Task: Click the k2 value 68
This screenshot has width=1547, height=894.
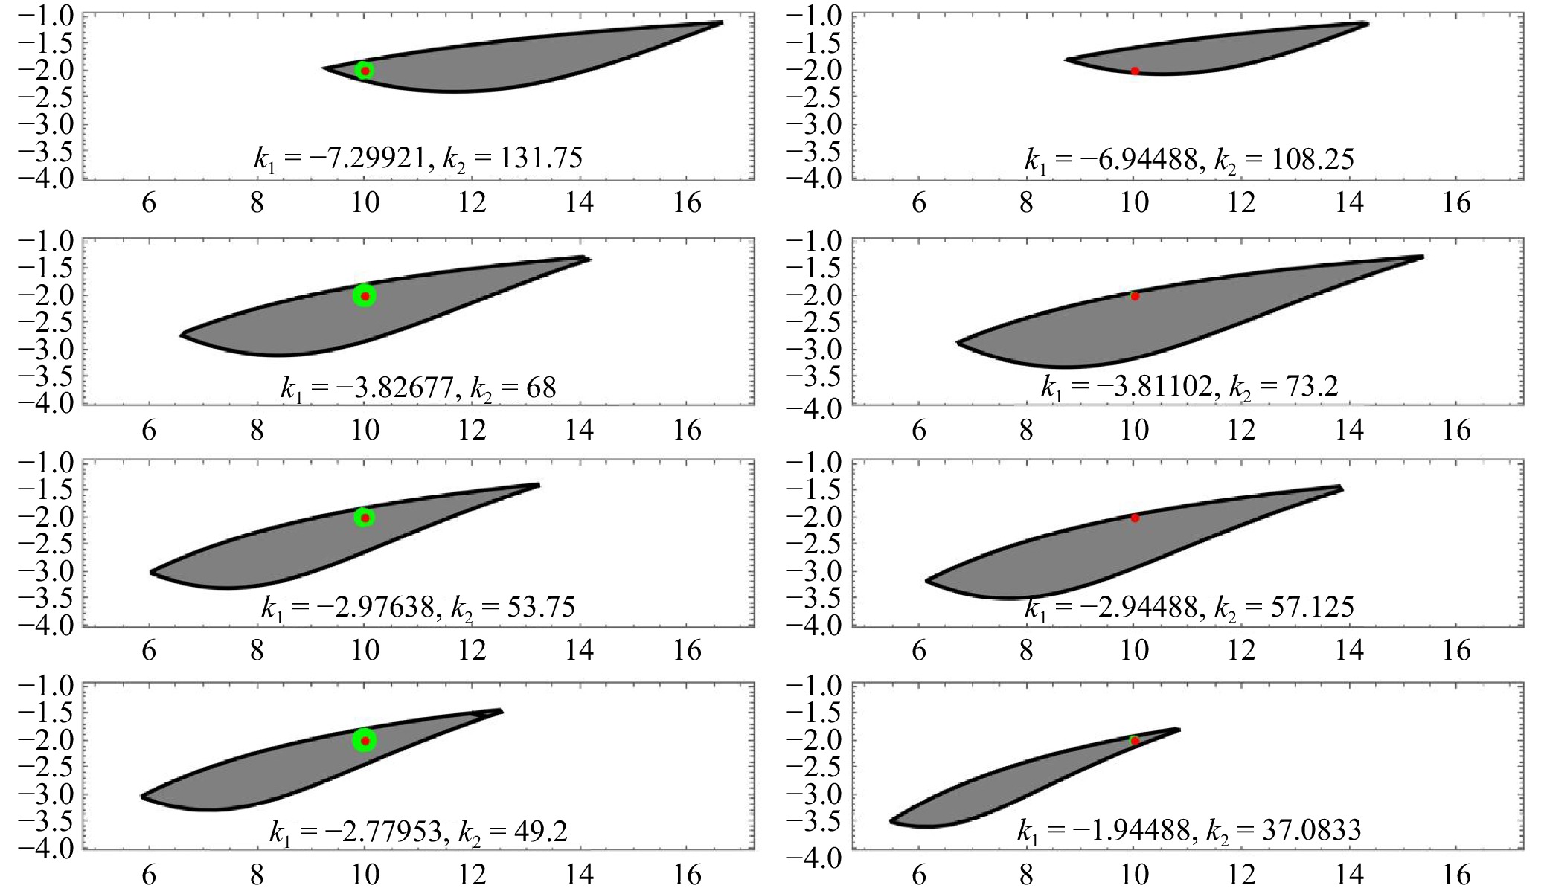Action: tap(542, 387)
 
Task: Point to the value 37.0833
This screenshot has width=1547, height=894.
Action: tap(1319, 829)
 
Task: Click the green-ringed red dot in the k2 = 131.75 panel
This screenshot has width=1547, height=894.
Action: tap(365, 71)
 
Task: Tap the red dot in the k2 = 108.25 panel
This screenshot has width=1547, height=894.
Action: tap(1135, 71)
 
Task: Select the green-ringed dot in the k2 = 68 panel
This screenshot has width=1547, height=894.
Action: tap(365, 296)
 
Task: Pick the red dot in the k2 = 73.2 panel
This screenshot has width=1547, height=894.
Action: tap(1135, 296)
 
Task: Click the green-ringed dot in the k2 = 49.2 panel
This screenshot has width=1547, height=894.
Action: tap(365, 741)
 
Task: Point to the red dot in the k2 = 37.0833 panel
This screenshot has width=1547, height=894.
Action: tap(1135, 741)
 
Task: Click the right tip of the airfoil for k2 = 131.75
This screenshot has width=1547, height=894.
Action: tap(722, 22)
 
